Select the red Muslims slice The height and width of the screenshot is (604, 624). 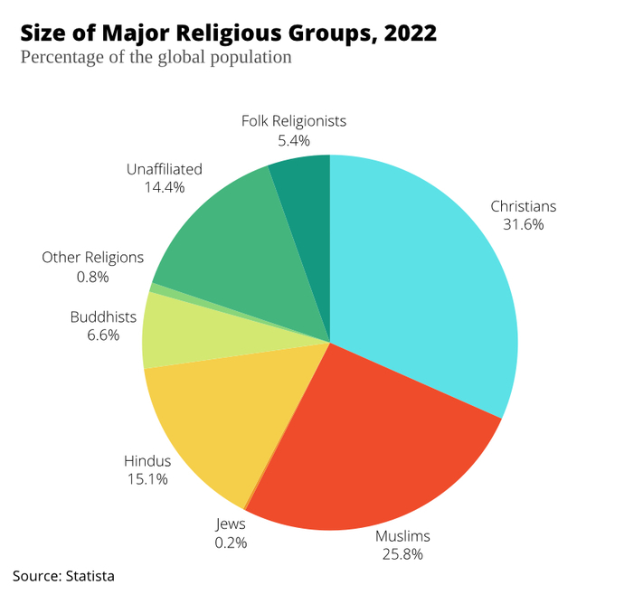click(374, 449)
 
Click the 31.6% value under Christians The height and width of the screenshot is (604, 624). click(524, 225)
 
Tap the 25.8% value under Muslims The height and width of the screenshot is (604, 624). click(402, 554)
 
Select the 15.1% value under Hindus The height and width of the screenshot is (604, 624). click(147, 479)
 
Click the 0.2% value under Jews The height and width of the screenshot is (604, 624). click(231, 543)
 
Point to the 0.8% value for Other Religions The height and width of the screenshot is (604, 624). click(93, 277)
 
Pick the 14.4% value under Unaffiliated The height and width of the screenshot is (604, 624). click(165, 187)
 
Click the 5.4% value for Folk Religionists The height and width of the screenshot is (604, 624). click(294, 140)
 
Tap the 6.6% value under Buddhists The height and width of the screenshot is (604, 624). click(103, 335)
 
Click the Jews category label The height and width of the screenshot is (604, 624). click(231, 524)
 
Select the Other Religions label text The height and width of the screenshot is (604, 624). click(93, 258)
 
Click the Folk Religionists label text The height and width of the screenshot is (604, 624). click(294, 121)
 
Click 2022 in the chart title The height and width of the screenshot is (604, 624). click(411, 33)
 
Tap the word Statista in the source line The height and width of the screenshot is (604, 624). click(90, 576)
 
